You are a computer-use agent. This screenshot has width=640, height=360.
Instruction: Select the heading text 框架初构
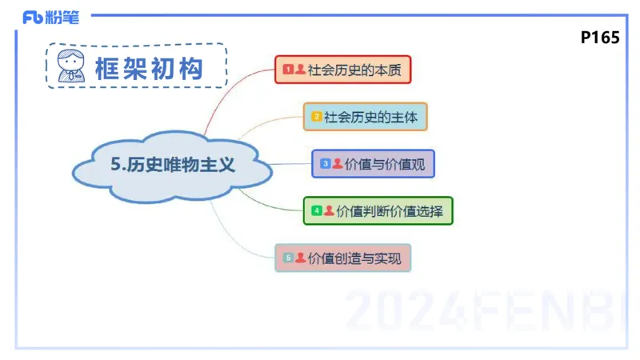[148, 67]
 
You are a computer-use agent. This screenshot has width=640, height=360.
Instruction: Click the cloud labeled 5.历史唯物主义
[173, 166]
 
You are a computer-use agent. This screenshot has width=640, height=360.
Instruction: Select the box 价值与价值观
[373, 164]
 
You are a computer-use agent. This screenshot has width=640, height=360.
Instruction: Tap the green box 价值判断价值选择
[378, 211]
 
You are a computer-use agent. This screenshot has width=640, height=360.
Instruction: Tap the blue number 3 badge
[325, 164]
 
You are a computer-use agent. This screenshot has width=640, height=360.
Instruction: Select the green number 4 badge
[317, 211]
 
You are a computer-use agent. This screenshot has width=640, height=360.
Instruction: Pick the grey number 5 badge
[288, 258]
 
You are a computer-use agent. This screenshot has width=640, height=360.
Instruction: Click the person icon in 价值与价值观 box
[337, 163]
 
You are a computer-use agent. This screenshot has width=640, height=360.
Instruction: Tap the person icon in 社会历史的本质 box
[300, 70]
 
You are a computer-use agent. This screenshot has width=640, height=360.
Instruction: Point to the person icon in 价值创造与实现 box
[300, 258]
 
